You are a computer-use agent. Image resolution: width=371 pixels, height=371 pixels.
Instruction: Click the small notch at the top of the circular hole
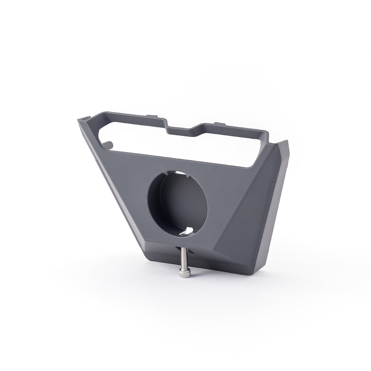(x=185, y=175)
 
